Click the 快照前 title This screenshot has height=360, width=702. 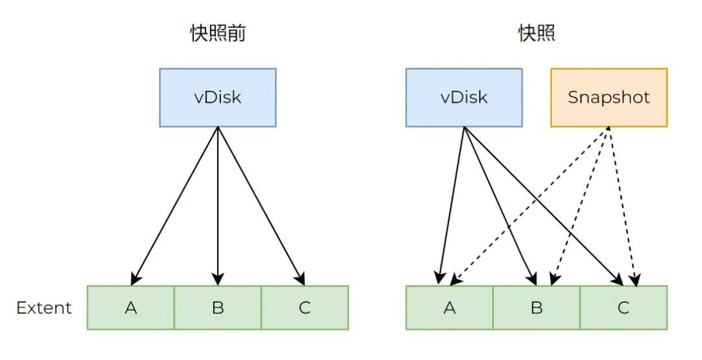218,33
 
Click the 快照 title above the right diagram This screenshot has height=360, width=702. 537,33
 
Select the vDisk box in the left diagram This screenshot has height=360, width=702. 218,97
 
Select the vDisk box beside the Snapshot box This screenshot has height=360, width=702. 464,97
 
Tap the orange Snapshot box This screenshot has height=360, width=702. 609,97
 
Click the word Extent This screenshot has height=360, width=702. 44,308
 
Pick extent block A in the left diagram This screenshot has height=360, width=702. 131,307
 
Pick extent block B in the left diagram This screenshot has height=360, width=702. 218,307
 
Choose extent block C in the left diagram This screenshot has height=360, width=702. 305,307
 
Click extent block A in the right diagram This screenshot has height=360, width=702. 450,307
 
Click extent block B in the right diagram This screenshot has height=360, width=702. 537,307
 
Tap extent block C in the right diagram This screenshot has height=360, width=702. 623,307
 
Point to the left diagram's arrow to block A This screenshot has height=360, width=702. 174,206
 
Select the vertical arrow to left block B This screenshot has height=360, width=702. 218,206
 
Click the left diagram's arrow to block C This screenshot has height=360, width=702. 261,206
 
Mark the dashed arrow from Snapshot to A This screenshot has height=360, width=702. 530,206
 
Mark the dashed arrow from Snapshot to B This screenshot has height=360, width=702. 580,206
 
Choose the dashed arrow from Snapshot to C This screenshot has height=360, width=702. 622,206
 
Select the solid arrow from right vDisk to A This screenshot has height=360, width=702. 452,205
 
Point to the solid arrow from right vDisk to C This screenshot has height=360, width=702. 543,206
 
